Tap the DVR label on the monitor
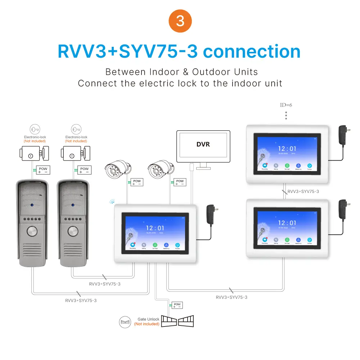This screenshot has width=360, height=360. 203,144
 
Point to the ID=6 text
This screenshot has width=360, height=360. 286,105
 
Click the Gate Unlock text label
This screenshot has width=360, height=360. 148,319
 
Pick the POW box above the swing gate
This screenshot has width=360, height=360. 177,305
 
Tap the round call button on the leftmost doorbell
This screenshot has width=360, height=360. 32,231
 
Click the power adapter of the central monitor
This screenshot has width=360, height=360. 211,215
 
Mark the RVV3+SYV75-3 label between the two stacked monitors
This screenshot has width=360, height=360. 303,192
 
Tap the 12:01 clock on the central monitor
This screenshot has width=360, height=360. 155,228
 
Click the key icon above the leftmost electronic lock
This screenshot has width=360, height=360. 35,129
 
